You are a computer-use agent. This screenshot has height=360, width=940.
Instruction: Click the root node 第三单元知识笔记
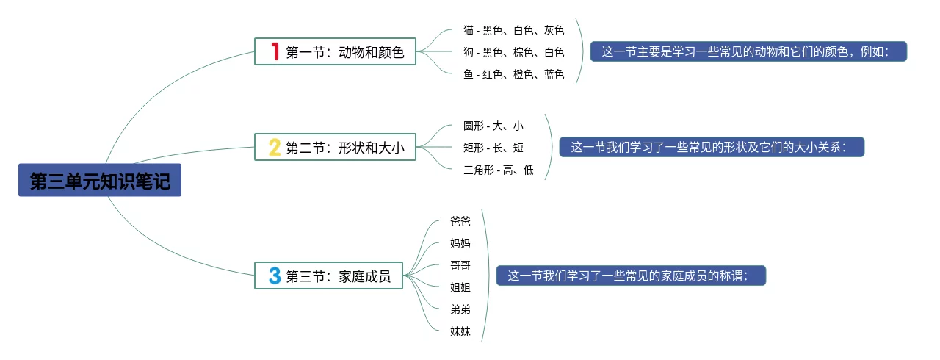(x=100, y=181)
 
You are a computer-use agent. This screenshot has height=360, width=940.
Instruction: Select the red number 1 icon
(x=275, y=51)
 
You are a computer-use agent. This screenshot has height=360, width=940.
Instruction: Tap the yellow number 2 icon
(x=275, y=148)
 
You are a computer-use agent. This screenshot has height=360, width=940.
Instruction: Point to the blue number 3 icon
(x=275, y=276)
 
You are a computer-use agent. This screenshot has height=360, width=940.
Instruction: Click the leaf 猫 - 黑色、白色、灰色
(x=513, y=30)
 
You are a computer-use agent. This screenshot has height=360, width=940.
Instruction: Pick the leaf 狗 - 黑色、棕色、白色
(x=513, y=52)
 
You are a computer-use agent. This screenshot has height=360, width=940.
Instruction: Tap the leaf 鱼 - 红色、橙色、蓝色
(x=513, y=74)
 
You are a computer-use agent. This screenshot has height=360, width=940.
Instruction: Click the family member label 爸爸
(x=460, y=221)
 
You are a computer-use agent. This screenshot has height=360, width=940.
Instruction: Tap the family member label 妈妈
(x=460, y=243)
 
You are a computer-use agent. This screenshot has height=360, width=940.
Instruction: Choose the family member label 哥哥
(x=460, y=265)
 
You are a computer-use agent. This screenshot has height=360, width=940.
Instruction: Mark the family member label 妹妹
(x=460, y=331)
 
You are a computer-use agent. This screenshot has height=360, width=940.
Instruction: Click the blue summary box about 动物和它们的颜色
(x=748, y=51)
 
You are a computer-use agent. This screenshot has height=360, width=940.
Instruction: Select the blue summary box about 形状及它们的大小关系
(x=712, y=147)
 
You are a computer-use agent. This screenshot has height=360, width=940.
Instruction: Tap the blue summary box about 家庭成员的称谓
(x=631, y=276)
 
